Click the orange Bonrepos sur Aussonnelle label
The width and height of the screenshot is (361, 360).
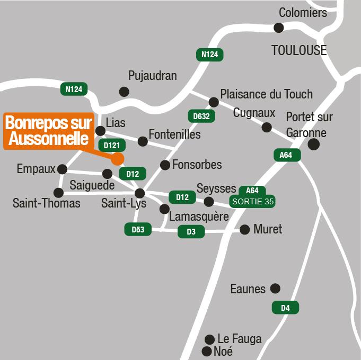point(49,131)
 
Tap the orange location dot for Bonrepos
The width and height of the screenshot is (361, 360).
point(118,158)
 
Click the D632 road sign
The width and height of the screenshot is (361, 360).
point(201,116)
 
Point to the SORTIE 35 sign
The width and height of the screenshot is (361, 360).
point(252,201)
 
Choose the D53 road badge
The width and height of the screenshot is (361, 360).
point(138,229)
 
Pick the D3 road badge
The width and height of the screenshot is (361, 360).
point(191,231)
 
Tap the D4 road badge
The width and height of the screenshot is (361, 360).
point(285,307)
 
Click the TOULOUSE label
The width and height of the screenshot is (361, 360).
point(299,50)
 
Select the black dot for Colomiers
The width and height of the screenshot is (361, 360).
point(279,28)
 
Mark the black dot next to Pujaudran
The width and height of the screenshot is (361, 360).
point(124,92)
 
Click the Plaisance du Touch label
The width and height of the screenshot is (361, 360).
point(267,94)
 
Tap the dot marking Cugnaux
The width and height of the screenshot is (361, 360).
point(267,127)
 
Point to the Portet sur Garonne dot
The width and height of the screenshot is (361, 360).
point(314,144)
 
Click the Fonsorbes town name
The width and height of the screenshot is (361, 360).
point(197,165)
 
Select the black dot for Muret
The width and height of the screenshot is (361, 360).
point(244,229)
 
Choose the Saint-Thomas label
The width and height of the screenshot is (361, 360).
point(47,203)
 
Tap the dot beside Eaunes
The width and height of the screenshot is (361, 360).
point(275,289)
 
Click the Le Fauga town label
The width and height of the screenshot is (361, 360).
point(240,339)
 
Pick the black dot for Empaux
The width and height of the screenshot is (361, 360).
point(62,169)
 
